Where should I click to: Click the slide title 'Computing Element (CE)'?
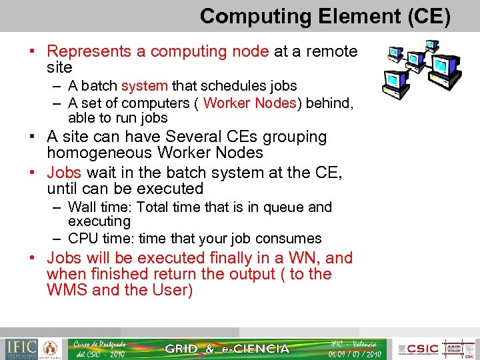(x=325, y=16)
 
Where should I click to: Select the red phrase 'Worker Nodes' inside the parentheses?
(x=249, y=103)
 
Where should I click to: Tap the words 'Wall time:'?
(x=101, y=207)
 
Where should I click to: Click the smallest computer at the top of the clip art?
(x=432, y=45)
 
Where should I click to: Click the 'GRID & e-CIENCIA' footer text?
(x=227, y=349)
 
